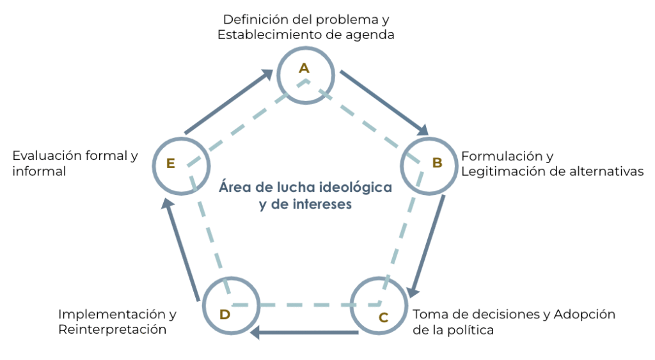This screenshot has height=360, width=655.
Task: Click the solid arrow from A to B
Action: (384, 103)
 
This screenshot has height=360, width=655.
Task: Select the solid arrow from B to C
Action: (428, 246)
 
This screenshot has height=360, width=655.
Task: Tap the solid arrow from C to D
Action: (304, 333)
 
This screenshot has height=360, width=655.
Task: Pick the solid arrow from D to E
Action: (181, 249)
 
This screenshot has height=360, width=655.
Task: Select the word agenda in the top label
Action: (371, 35)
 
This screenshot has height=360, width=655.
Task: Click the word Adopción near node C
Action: (585, 315)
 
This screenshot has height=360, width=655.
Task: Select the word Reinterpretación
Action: (113, 330)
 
